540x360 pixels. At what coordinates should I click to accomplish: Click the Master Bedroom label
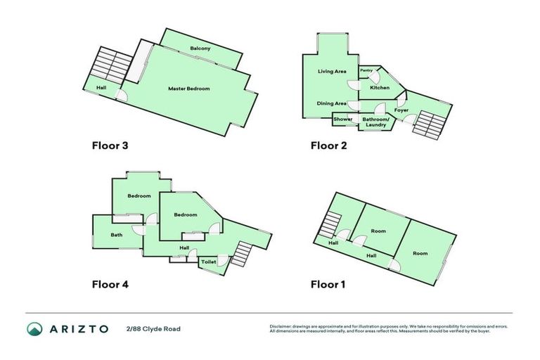coord(188,89)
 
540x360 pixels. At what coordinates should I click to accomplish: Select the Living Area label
coord(332,71)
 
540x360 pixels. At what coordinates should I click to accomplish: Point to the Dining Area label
coord(331,103)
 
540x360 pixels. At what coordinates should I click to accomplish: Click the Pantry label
coord(366,70)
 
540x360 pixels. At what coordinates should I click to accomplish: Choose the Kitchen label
coord(380,88)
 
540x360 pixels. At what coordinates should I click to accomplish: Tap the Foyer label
coord(401,110)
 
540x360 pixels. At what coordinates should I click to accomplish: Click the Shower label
coord(343,120)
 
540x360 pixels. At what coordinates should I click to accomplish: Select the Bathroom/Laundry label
coord(375,122)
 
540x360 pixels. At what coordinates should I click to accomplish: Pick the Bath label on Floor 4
coord(116,235)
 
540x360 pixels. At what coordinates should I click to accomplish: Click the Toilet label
coord(209,262)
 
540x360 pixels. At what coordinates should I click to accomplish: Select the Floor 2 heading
coord(328,146)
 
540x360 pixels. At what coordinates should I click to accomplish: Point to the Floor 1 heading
coord(328,285)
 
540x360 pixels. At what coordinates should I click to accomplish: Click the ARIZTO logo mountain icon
coord(35,328)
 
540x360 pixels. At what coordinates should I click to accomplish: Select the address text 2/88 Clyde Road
coord(153,328)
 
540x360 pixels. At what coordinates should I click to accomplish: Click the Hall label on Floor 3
coord(101,87)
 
